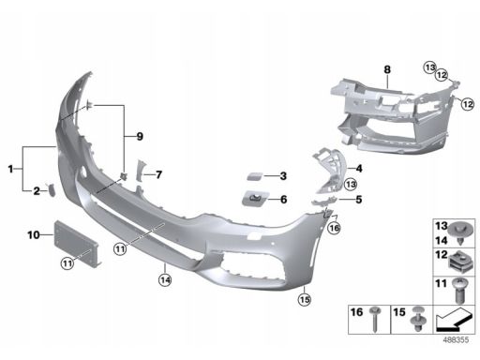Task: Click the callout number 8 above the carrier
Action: (x=387, y=69)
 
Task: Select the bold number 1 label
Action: (x=10, y=169)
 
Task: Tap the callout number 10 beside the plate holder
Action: (x=34, y=234)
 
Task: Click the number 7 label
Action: (x=158, y=174)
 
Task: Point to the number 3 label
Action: (x=283, y=176)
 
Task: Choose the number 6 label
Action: (x=284, y=199)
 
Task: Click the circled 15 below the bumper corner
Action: (x=305, y=300)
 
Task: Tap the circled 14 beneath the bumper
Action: (x=165, y=279)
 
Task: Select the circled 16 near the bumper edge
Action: (x=335, y=228)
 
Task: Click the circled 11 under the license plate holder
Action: (x=67, y=263)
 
